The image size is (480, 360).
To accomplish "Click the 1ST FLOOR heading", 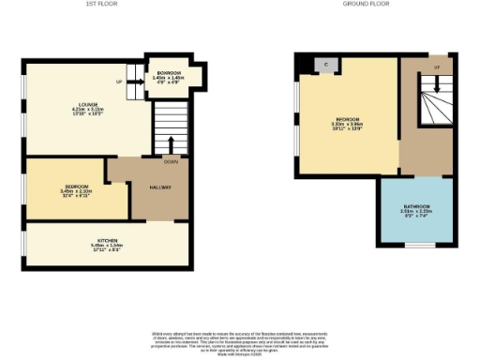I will click(x=108, y=6).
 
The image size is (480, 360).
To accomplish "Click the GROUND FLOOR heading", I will click(x=367, y=6).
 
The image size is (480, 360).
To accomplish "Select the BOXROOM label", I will click(x=170, y=72).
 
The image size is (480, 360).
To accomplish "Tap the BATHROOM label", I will click(x=417, y=206).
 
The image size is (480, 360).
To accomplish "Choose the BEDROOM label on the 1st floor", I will click(x=77, y=186).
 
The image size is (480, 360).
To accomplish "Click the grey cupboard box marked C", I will click(x=325, y=64).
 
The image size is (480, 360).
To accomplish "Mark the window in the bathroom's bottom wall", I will click(x=417, y=246).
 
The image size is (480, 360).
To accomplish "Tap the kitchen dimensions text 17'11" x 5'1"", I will click(x=111, y=250).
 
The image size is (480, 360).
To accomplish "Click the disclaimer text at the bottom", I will click(x=240, y=342).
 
